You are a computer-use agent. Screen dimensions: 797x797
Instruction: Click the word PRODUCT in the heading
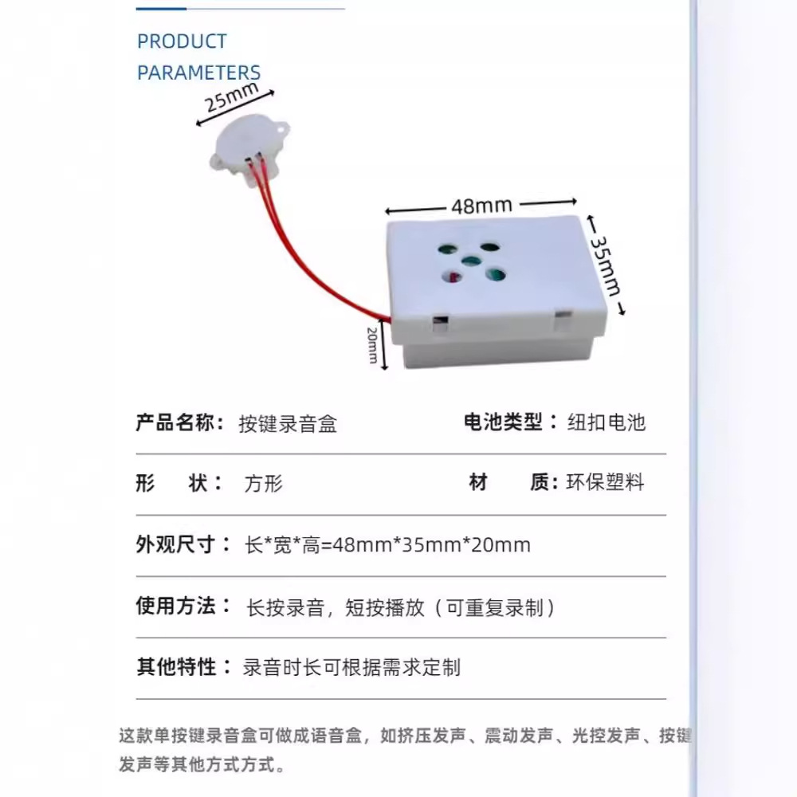[182, 41]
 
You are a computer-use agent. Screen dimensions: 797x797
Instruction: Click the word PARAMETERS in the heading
[198, 73]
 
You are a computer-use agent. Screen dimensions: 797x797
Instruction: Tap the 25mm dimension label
[231, 99]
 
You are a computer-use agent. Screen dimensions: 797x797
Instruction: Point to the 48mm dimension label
[481, 206]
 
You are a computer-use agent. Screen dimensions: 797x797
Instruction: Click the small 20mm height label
[372, 344]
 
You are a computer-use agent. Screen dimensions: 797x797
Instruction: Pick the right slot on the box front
[563, 321]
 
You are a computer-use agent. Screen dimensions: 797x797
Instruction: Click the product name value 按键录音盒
[288, 424]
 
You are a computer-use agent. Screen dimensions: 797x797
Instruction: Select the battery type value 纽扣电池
[606, 422]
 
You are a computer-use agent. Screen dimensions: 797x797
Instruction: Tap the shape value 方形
[263, 484]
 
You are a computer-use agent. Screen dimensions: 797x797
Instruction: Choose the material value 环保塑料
[605, 482]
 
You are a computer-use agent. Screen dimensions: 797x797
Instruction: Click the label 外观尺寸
[175, 545]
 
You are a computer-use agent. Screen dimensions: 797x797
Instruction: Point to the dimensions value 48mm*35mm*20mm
[387, 546]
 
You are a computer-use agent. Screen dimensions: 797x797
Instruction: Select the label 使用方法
[175, 607]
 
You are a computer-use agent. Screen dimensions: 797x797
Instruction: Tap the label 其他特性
[175, 666]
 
